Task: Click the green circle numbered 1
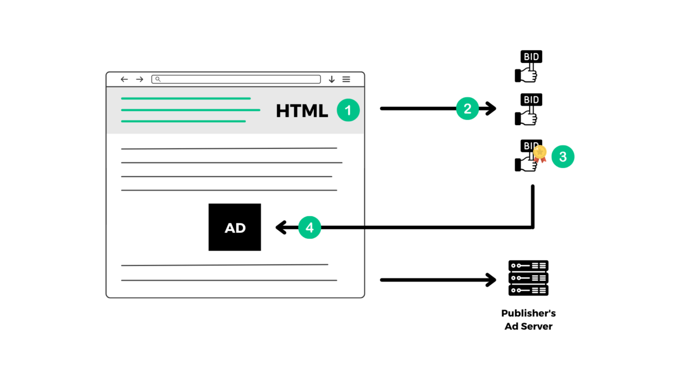pyautogui.click(x=348, y=110)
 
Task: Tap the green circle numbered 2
pyautogui.click(x=467, y=109)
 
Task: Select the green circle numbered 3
pyautogui.click(x=563, y=157)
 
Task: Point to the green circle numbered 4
pyautogui.click(x=309, y=228)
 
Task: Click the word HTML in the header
pyautogui.click(x=301, y=111)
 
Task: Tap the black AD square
pyautogui.click(x=235, y=227)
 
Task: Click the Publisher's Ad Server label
pyautogui.click(x=528, y=320)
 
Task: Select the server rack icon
pyautogui.click(x=528, y=278)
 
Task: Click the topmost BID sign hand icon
pyautogui.click(x=528, y=66)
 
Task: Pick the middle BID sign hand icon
pyautogui.click(x=528, y=109)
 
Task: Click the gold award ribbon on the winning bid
pyautogui.click(x=540, y=153)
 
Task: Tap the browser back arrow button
pyautogui.click(x=124, y=79)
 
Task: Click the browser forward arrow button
pyautogui.click(x=139, y=79)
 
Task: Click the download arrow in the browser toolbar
pyautogui.click(x=331, y=80)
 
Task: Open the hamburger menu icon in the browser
pyautogui.click(x=346, y=79)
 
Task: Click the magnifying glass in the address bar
pyautogui.click(x=158, y=79)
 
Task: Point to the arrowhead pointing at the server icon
pyautogui.click(x=491, y=280)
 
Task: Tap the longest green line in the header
pyautogui.click(x=190, y=110)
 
